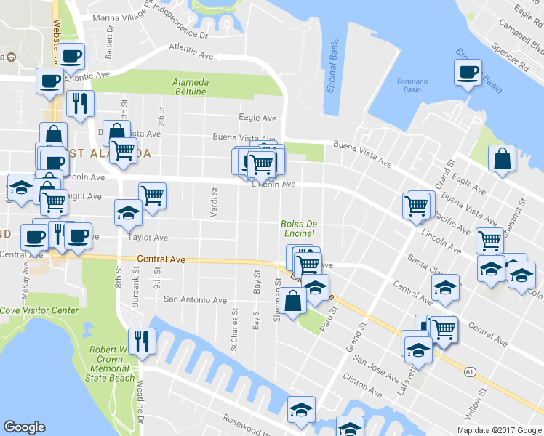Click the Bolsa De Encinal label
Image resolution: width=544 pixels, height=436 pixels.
298,228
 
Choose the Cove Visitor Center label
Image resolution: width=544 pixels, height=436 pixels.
39,310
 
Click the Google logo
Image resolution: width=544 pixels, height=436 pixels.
24,427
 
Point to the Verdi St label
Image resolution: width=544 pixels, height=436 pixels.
214,201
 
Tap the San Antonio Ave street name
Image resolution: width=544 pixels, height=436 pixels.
195,299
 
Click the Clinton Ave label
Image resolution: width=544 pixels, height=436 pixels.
362,386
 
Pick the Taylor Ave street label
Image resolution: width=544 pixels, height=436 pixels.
148,238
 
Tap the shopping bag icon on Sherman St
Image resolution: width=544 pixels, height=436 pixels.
292,300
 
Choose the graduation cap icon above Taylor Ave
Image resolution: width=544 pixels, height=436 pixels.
128,212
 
